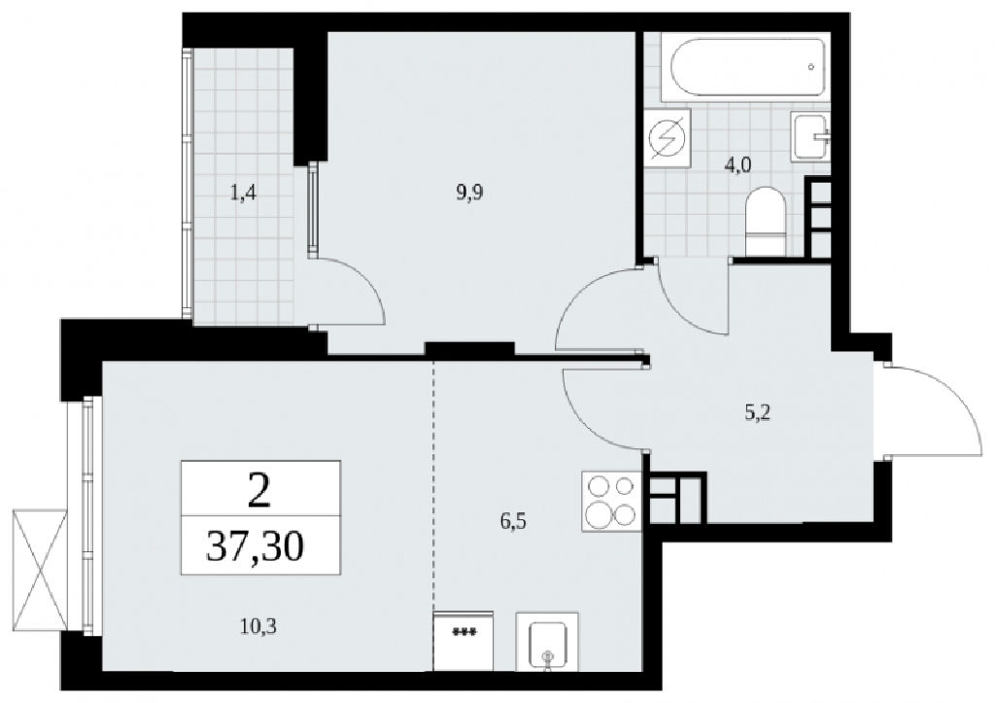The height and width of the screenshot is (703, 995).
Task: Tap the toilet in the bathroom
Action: click(767, 221)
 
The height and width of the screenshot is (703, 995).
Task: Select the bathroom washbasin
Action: click(810, 136)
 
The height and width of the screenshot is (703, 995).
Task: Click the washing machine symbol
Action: click(667, 138)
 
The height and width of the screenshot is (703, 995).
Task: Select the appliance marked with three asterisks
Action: click(463, 641)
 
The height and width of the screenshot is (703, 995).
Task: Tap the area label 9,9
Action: click(469, 192)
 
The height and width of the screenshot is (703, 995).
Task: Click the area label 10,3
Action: click(258, 627)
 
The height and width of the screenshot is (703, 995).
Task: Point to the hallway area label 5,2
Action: click(758, 413)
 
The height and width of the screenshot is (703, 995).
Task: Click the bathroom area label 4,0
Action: click(738, 165)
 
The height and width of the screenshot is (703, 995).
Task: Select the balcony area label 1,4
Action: click(243, 192)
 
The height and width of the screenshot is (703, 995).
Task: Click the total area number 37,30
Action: click(256, 546)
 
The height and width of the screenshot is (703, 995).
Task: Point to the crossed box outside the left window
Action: click(39, 570)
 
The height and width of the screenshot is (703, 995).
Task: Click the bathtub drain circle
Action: click(810, 66)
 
